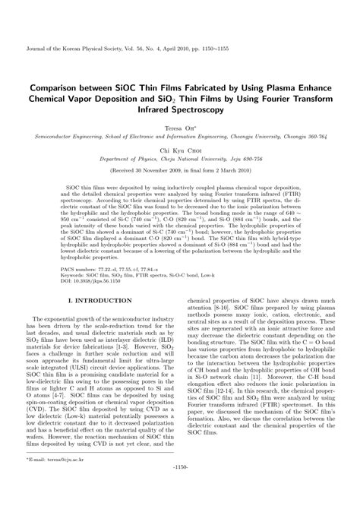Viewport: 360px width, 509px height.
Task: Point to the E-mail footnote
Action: click(62, 481)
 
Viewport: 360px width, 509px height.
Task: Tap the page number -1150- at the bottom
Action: click(179, 498)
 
